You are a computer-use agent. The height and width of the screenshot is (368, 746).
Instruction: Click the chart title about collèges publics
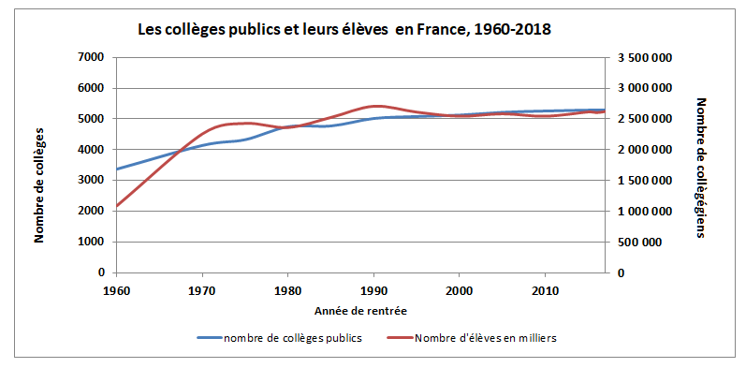click(344, 30)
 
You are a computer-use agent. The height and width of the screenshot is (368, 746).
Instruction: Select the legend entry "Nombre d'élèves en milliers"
click(473, 338)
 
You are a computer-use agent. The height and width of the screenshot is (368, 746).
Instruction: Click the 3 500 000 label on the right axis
click(645, 58)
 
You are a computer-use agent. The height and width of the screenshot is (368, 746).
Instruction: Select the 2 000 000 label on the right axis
click(645, 150)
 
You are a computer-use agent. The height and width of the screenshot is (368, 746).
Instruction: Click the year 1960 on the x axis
click(116, 289)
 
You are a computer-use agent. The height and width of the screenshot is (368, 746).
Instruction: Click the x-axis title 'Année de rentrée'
click(360, 310)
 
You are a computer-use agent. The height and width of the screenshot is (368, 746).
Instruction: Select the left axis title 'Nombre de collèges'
click(40, 184)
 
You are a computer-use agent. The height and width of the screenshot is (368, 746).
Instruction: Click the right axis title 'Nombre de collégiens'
click(701, 167)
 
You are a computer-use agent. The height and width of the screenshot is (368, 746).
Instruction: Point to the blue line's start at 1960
click(116, 169)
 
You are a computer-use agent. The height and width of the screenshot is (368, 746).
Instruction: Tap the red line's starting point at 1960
click(116, 206)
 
